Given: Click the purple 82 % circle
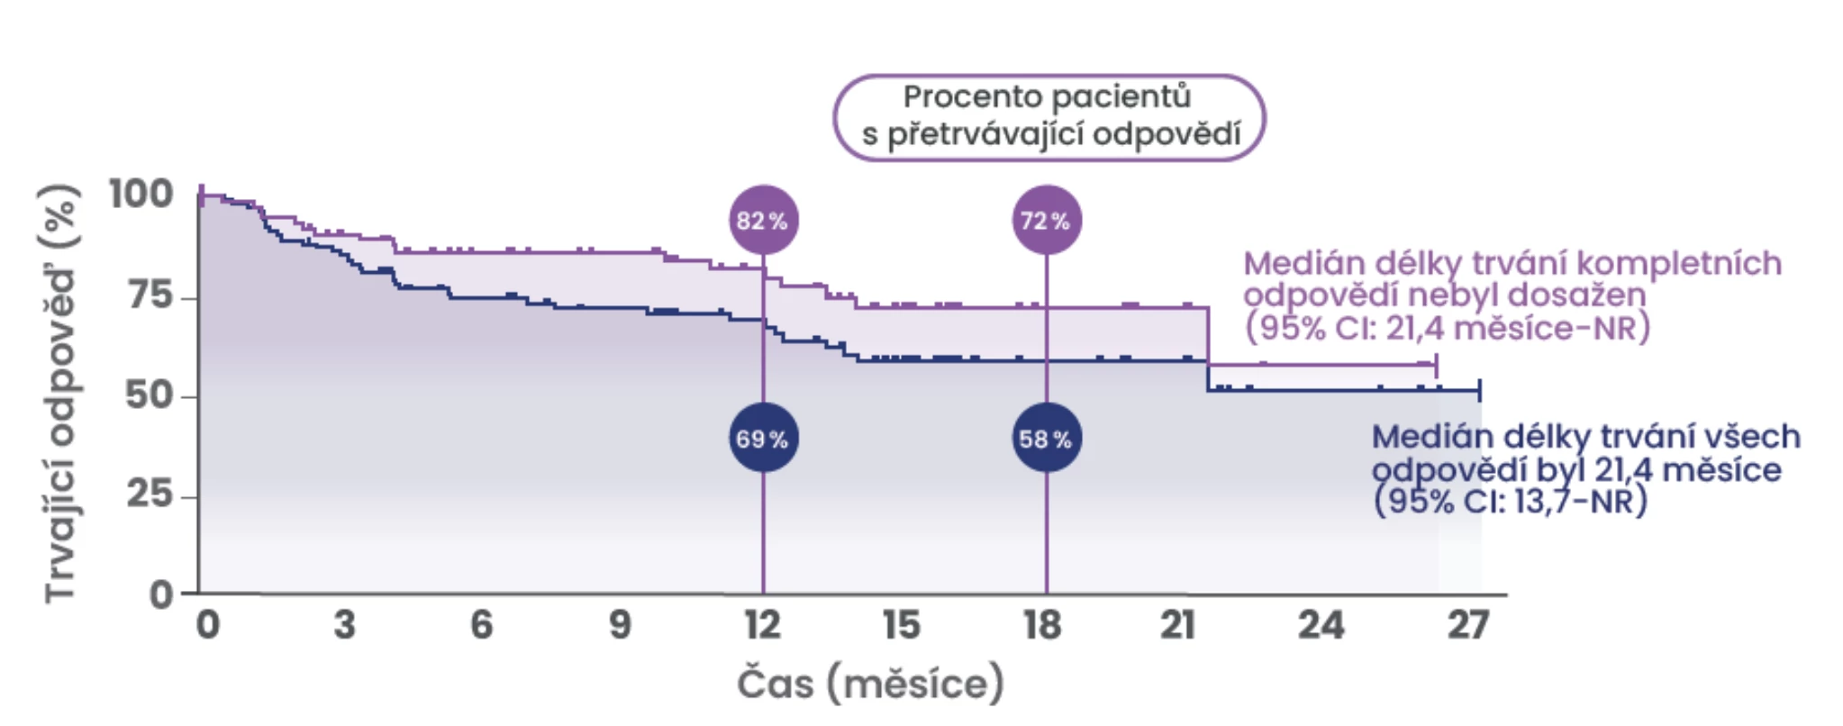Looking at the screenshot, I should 763,220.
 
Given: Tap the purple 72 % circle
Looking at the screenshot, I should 1046,220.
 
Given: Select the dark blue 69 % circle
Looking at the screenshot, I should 763,439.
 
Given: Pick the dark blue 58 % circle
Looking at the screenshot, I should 1046,439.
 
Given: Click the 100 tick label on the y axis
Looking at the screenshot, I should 141,194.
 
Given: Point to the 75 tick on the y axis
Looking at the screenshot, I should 151,295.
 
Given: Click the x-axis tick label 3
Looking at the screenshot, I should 344,624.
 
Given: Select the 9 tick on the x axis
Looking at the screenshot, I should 620,624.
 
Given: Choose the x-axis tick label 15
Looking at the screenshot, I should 901,624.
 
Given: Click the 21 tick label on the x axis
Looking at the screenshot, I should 1177,624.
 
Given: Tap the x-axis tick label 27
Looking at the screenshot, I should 1467,624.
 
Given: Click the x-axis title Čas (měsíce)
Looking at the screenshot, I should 870,684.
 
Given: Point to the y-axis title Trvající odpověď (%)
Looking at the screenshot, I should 61,393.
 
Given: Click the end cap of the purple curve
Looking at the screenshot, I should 1436,366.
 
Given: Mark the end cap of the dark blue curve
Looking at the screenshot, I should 1479,390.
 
